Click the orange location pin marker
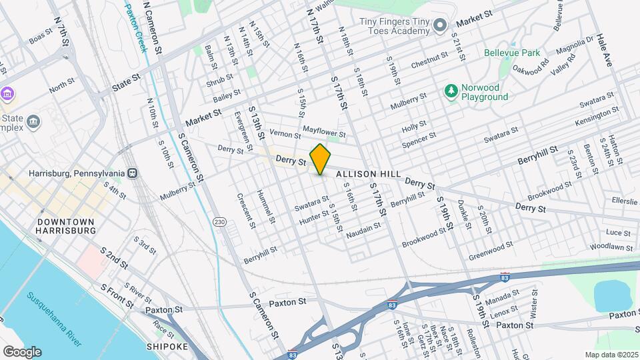(320, 159)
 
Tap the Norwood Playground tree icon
(451, 91)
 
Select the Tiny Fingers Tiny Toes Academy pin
(439, 26)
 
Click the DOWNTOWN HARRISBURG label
(66, 225)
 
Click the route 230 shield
(219, 221)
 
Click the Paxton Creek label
(136, 21)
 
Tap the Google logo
(21, 351)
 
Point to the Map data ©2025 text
(611, 355)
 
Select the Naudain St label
(363, 230)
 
